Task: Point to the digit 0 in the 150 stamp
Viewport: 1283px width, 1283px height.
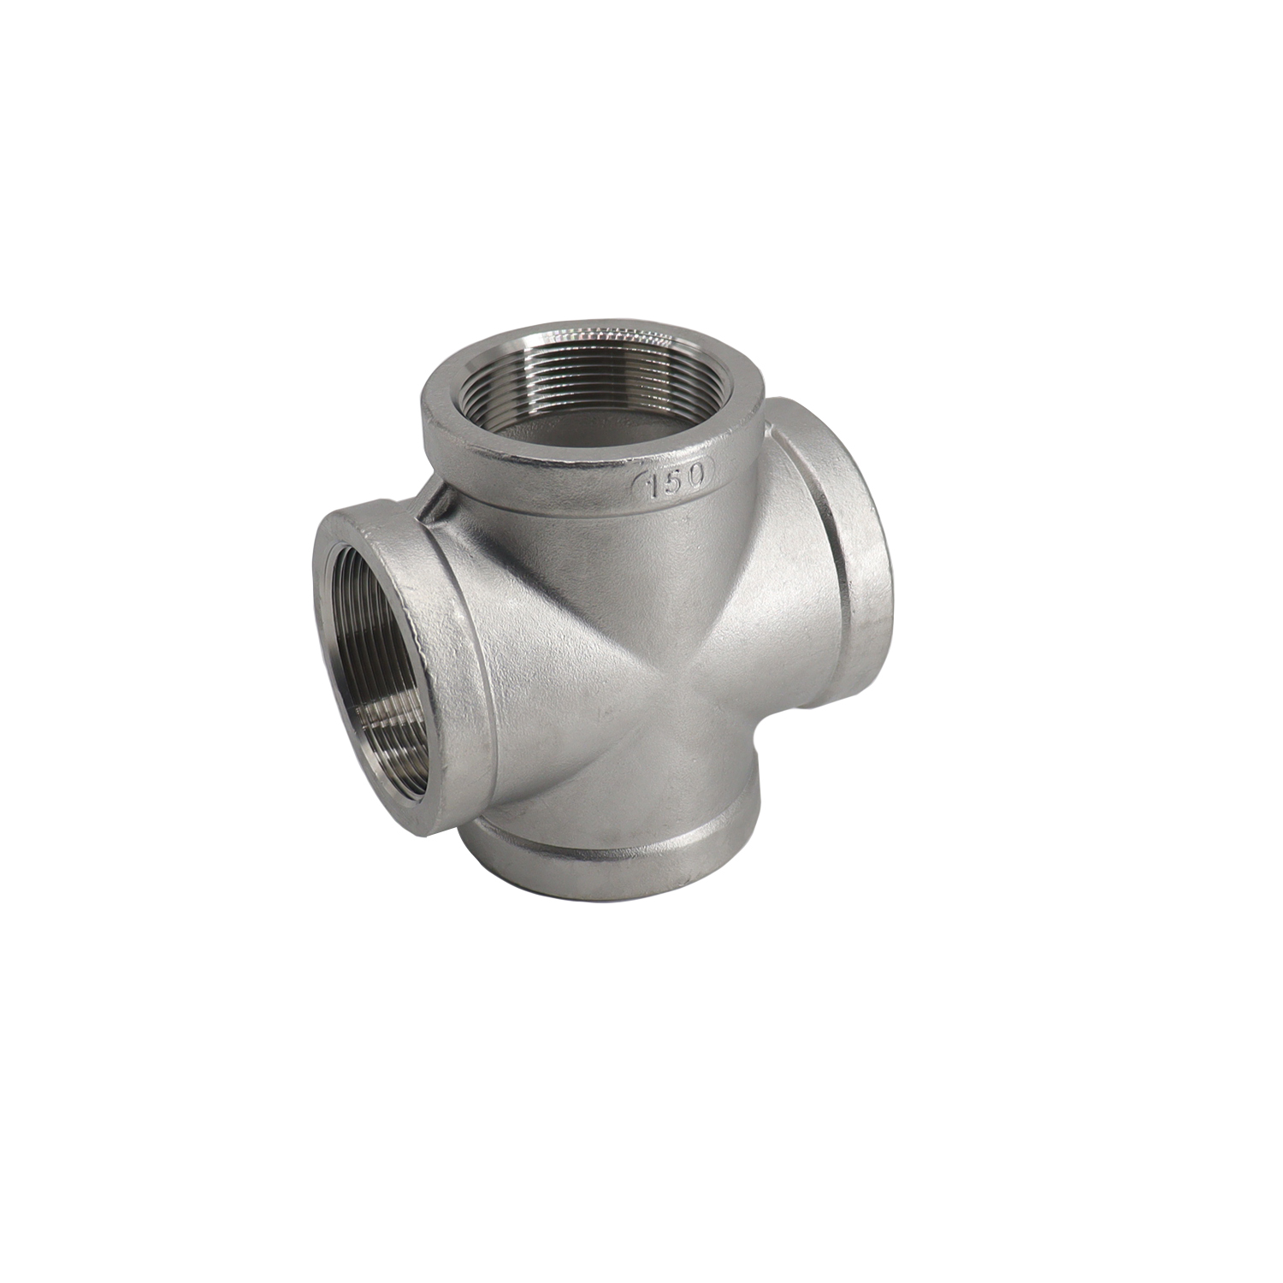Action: pos(695,473)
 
